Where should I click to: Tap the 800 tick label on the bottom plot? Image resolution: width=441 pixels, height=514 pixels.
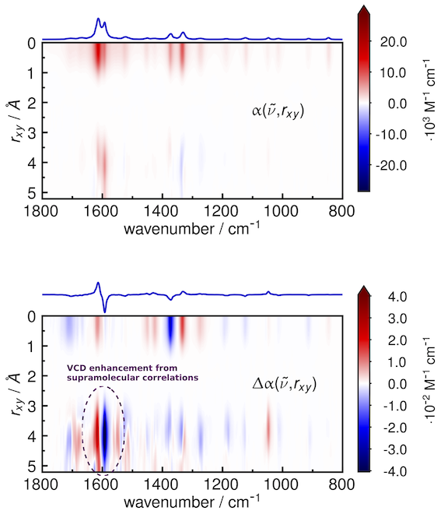[x=341, y=484]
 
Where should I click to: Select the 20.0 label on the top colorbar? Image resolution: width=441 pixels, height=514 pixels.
[x=393, y=42]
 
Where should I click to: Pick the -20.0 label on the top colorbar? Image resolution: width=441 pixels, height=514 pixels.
[x=391, y=165]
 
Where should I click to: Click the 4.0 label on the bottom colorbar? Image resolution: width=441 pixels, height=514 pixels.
[x=397, y=297]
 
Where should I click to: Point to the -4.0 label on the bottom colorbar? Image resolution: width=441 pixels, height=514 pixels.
[x=395, y=471]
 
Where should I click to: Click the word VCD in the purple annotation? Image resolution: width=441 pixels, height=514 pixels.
[x=74, y=368]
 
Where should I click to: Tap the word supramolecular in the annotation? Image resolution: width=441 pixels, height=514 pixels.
[x=93, y=378]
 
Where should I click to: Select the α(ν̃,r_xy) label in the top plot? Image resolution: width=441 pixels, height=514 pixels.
[x=278, y=111]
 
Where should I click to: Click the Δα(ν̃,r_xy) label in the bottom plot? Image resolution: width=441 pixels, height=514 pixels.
[x=285, y=384]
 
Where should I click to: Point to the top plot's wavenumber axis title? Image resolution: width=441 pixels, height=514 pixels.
[x=192, y=227]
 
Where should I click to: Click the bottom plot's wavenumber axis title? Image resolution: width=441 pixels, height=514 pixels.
[x=192, y=501]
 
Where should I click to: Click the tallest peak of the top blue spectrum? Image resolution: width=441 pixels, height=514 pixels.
[x=98, y=19]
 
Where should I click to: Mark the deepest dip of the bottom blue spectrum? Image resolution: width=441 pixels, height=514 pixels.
[x=105, y=312]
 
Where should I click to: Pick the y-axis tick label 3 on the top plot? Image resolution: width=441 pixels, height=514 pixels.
[x=33, y=133]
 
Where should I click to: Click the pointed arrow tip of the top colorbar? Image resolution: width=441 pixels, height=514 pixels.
[x=364, y=5]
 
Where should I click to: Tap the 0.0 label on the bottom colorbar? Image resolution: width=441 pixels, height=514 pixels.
[x=397, y=384]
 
